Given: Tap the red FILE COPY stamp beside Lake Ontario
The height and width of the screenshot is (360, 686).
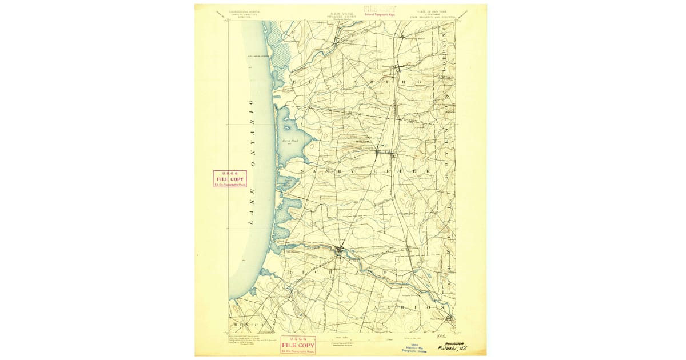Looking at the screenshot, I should pos(230,179).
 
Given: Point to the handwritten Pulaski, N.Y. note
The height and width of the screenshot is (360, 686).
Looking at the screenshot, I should pos(452,347).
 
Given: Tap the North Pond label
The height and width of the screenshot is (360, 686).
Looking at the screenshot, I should pos(286,140).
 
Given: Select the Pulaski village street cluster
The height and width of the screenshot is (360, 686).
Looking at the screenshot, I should pos(340,249).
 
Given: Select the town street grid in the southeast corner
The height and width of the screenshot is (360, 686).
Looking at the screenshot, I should pos(450,319).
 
